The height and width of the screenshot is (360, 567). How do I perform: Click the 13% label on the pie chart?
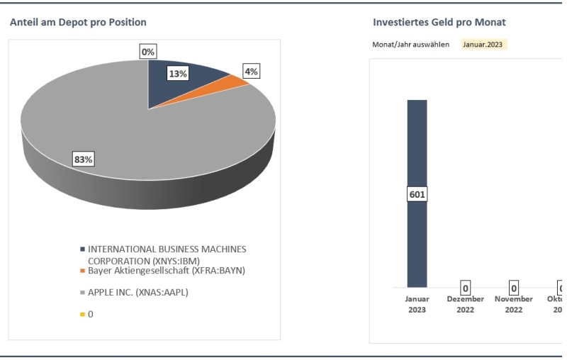pos(177,74)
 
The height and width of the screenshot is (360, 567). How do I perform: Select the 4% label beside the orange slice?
pos(251,71)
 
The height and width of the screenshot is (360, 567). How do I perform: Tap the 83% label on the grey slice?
pos(84,159)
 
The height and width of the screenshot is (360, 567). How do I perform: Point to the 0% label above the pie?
pos(148,52)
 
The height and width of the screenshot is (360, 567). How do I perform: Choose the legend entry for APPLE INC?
pos(137,292)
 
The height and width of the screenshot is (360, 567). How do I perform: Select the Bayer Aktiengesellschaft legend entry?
pos(167,270)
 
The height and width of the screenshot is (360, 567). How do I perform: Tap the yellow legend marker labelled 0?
pos(83,314)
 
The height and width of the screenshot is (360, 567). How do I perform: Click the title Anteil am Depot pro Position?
pos(78,23)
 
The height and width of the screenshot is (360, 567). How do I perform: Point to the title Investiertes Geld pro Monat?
pos(439,23)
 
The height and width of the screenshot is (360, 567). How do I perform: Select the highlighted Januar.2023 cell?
pos(484,44)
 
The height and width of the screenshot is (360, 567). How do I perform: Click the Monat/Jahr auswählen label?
pos(410,45)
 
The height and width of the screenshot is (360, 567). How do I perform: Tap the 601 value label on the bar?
pos(417,193)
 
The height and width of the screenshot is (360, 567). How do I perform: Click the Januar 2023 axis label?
pos(417,304)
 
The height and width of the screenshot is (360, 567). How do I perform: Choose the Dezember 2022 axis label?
pos(466,304)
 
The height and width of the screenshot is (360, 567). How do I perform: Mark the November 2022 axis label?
pos(514,304)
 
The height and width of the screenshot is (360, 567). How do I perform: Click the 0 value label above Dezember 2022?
pos(466,288)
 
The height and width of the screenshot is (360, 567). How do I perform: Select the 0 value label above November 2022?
pos(514,288)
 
